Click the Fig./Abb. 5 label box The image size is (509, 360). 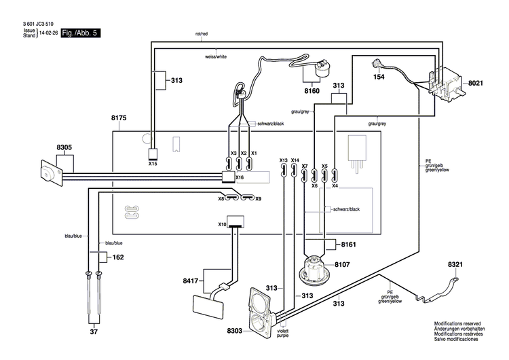click(80, 33)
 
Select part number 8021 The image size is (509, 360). click(475, 83)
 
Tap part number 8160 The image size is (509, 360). click(312, 90)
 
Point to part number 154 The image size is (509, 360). click(379, 77)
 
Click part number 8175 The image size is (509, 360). click(118, 118)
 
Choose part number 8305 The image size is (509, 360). click(64, 147)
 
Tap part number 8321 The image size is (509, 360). click(455, 264)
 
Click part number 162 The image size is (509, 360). click(118, 257)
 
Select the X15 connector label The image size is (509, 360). click(153, 164)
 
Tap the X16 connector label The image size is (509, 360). click(240, 177)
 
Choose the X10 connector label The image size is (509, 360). click(222, 224)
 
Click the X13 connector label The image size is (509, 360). click(283, 160)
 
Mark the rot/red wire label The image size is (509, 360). click(202, 34)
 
